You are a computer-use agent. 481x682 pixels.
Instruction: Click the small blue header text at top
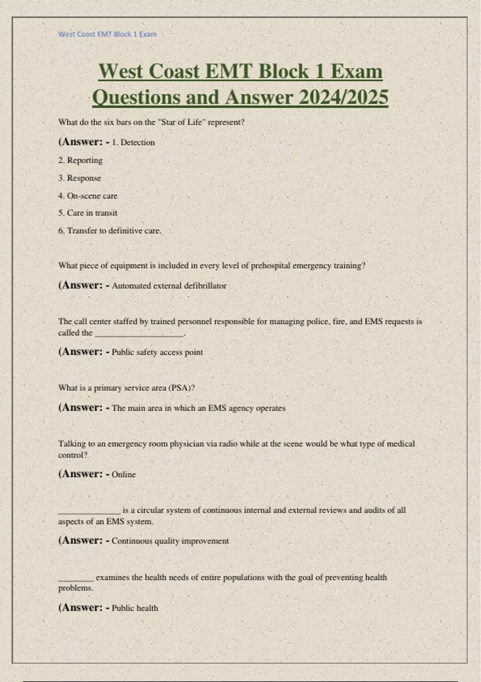tap(107, 35)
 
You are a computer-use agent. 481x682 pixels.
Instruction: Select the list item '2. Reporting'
tap(80, 160)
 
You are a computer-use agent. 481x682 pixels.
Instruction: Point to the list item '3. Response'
tap(79, 178)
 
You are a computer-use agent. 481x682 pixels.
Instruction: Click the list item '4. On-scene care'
tap(88, 196)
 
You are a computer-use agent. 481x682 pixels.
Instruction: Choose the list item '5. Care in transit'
tap(88, 213)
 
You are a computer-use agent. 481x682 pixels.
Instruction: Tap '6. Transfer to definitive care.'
tap(110, 231)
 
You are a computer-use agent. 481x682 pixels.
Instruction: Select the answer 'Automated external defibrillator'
tap(169, 286)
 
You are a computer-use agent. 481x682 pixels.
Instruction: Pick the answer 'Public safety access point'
tap(157, 352)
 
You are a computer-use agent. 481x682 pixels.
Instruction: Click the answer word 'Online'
tap(123, 475)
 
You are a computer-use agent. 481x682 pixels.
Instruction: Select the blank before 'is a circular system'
tap(89, 512)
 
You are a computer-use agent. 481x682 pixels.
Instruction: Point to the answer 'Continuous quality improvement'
tap(170, 541)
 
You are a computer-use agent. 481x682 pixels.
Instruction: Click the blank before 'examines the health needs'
tap(76, 579)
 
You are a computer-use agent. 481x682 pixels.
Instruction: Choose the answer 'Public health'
tap(135, 608)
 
